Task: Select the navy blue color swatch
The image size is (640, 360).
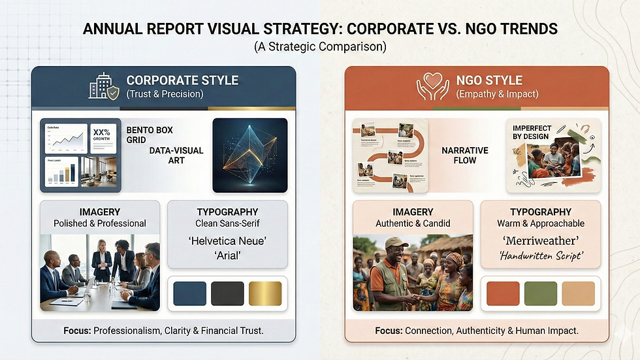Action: [189, 293]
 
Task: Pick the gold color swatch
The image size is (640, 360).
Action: [265, 293]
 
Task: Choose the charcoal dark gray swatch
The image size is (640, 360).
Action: [227, 293]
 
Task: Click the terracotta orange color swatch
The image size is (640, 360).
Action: [503, 293]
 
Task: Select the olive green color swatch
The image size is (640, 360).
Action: [541, 293]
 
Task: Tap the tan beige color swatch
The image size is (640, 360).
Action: [579, 293]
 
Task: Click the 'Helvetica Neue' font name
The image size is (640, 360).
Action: [227, 240]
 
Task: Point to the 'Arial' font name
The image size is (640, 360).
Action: [227, 255]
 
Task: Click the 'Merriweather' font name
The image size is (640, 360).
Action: [540, 240]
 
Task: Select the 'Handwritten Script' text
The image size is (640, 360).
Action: [540, 256]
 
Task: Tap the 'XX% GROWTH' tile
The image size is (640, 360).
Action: [101, 135]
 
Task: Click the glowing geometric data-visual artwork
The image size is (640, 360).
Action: [250, 155]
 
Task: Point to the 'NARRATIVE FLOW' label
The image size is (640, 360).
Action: [465, 155]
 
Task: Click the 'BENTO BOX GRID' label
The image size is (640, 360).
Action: [150, 135]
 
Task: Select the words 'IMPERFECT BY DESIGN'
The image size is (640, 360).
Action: [532, 133]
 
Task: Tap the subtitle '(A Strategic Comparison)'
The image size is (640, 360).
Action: [320, 47]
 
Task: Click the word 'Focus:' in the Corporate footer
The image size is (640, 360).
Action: [77, 331]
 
